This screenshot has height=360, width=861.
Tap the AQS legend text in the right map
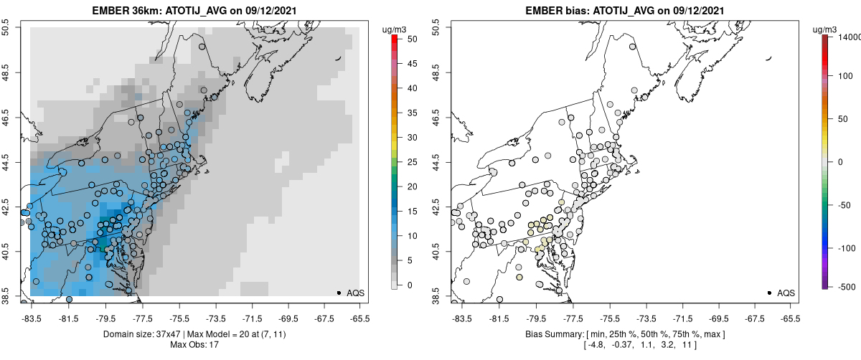pyautogui.click(x=786, y=293)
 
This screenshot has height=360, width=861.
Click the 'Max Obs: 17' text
pyautogui.click(x=195, y=345)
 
